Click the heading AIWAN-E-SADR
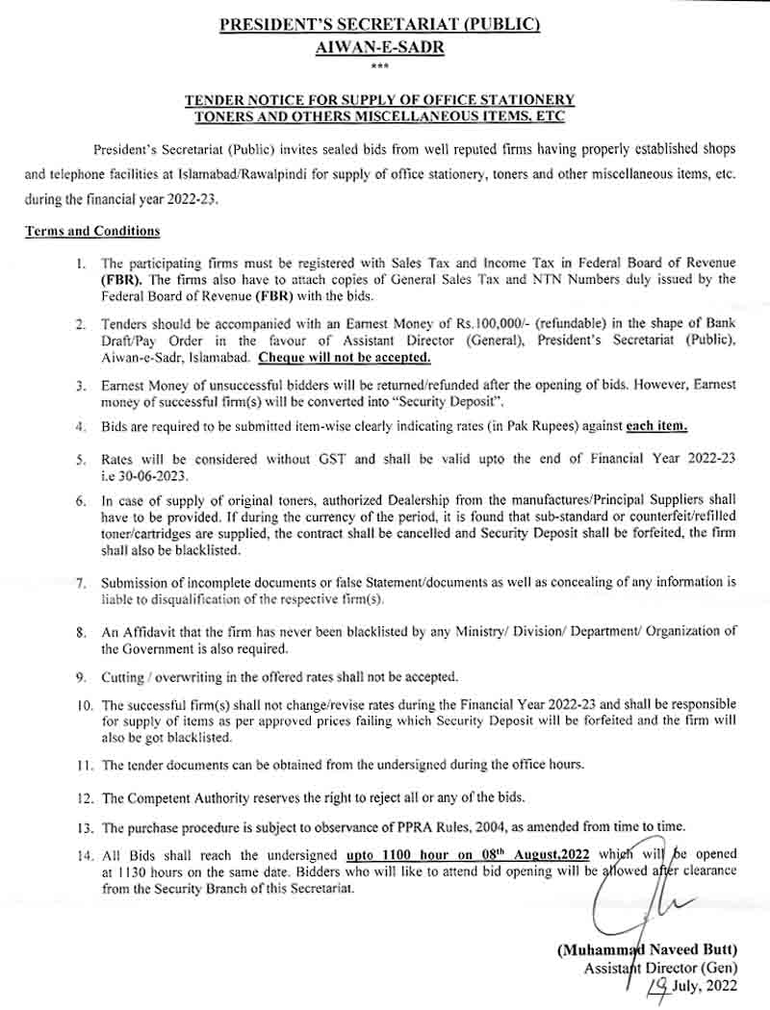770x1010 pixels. (x=385, y=46)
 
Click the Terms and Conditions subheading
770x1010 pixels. (x=92, y=232)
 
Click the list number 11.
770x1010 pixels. (x=85, y=765)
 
